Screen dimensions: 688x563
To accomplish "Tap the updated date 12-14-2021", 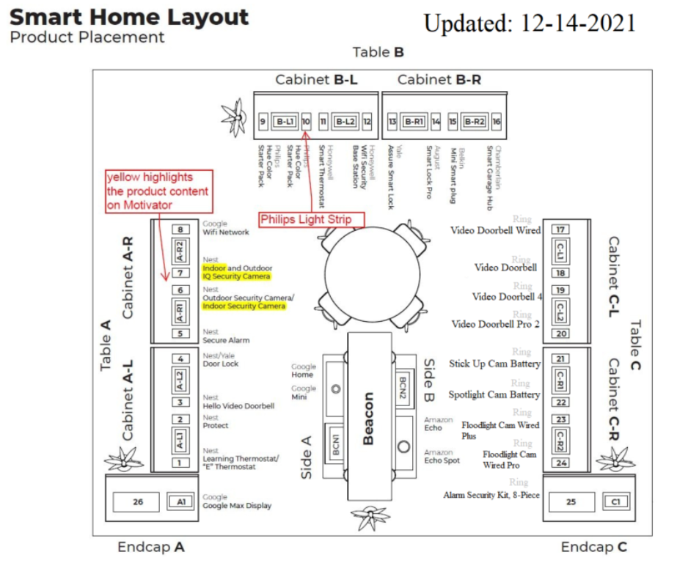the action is click(530, 23).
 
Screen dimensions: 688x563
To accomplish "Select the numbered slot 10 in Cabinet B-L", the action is click(306, 121).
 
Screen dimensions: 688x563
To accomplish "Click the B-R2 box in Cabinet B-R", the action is click(475, 121).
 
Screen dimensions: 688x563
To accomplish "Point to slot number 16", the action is click(497, 121).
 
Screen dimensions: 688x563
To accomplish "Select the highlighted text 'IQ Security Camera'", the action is click(237, 276).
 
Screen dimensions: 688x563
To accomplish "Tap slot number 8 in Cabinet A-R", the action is click(180, 230).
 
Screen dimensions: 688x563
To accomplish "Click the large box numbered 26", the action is click(138, 503).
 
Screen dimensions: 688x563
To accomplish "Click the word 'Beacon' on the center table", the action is click(368, 419).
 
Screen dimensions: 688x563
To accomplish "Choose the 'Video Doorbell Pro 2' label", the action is click(495, 324).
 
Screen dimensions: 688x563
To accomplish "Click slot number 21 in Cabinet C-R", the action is click(561, 359).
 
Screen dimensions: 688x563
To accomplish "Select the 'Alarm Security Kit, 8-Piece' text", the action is click(491, 496).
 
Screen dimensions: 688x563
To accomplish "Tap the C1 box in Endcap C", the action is click(615, 502).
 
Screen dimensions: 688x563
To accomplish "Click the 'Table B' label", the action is click(378, 52).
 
